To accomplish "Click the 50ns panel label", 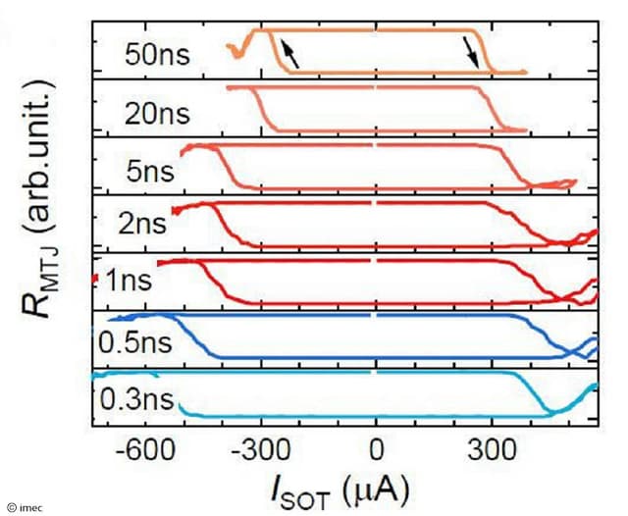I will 163,54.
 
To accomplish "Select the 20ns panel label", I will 163,113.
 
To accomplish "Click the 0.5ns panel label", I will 135,343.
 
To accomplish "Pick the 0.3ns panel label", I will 135,400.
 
